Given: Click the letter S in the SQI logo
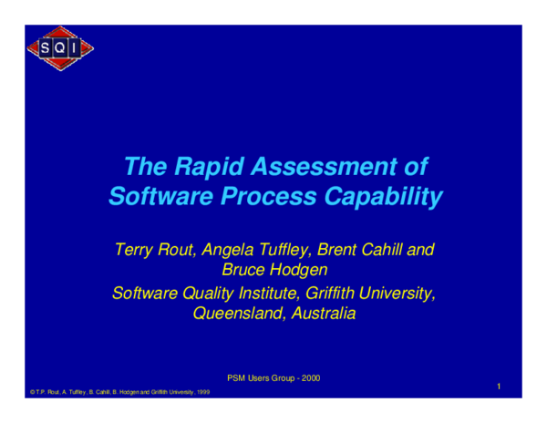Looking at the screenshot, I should click(45, 48).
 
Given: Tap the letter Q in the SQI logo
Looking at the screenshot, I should click(60, 48).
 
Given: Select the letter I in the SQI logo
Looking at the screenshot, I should click(77, 48).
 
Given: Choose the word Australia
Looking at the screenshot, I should click(320, 315).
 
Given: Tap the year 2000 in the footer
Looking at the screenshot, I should click(309, 377).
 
